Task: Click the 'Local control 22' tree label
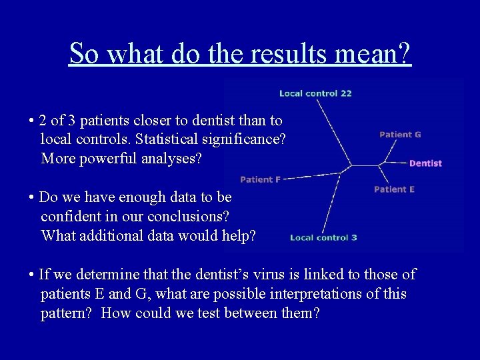[x=315, y=93]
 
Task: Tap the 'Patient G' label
[x=400, y=135]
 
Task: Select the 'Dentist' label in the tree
[x=425, y=163]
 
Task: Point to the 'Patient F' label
[x=260, y=179]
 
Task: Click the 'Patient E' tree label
[x=394, y=189]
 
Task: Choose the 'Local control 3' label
[x=323, y=237]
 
